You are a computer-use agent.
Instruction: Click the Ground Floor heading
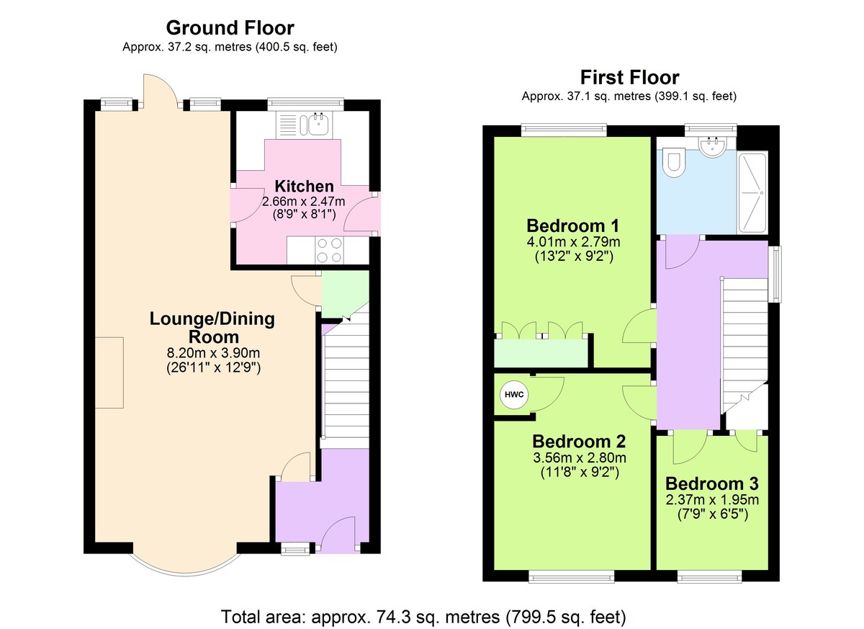pos(230,28)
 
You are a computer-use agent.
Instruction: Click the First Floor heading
pos(629,77)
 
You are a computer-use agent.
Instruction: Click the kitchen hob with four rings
pos(329,250)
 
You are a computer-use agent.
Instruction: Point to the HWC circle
pos(513,395)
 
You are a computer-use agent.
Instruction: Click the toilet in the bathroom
pos(674,163)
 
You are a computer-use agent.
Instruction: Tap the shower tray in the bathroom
pos(752,192)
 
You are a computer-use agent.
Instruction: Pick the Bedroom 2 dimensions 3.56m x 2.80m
pos(579,458)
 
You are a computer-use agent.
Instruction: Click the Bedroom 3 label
pos(711,483)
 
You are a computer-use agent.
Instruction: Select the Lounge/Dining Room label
pos(212,327)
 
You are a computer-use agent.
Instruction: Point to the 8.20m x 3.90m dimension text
pos(212,353)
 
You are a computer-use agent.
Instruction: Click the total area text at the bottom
pos(424,617)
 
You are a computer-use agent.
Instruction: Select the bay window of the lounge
pos(185,563)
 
